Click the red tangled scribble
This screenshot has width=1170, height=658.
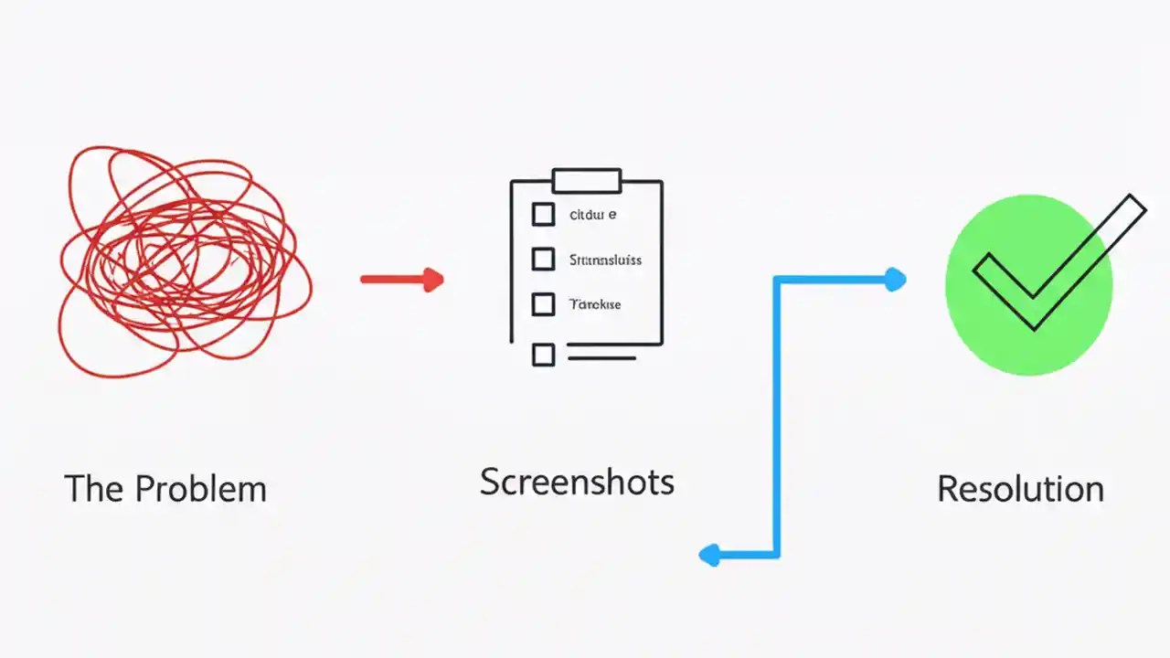point(183,260)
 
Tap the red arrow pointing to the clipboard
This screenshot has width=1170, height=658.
point(402,280)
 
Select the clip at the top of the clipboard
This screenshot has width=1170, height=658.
point(586,180)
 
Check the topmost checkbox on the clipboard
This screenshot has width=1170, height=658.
point(543,215)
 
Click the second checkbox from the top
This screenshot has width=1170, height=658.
point(543,260)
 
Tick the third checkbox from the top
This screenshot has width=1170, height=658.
point(543,303)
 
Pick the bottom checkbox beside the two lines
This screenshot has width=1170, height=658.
point(543,355)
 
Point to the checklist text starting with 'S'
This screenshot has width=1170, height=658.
point(605,260)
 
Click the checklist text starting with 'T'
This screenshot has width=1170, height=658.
point(595,303)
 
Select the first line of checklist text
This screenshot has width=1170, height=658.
point(592,215)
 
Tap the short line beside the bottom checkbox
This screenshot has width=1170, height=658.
point(601,357)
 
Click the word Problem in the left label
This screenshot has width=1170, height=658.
point(200,489)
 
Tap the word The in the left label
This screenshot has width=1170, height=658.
point(94,489)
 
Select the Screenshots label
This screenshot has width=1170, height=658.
point(577,482)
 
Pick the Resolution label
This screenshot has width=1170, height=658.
point(1020,489)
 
